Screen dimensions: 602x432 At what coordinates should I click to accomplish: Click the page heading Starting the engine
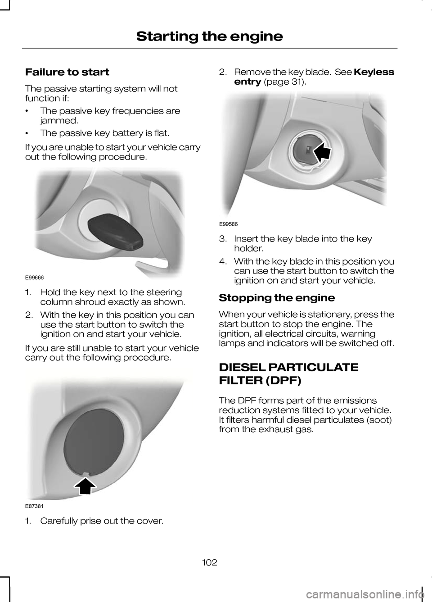pos(209,36)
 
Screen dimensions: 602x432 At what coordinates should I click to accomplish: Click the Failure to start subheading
pos(67,72)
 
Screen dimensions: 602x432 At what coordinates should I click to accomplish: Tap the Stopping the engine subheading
pos(276,298)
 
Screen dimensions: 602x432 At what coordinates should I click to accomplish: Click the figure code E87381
pos(34,506)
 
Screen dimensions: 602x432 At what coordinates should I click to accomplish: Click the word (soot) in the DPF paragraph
pos(377,420)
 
